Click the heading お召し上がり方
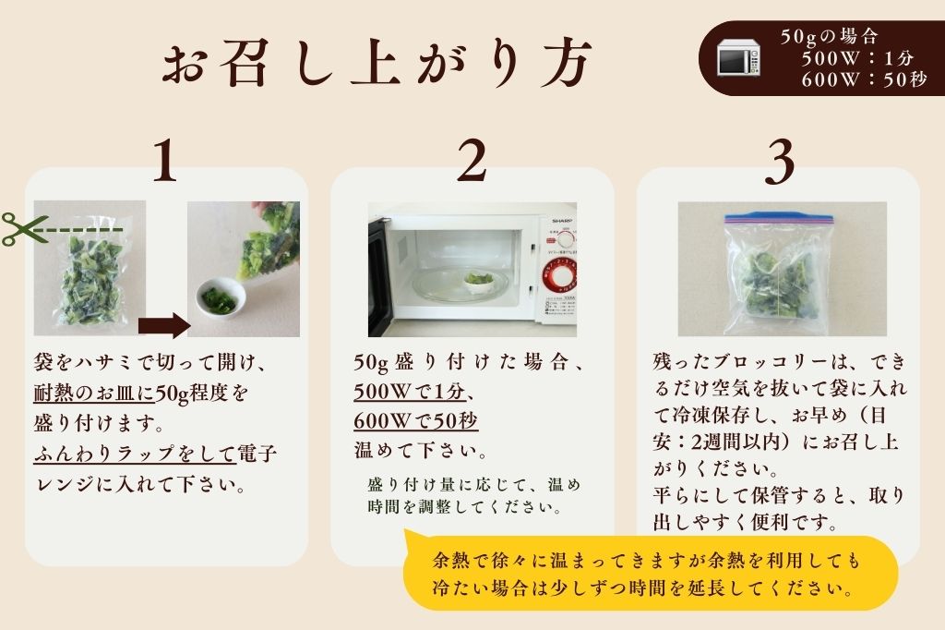(x=373, y=65)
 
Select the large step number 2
(x=472, y=163)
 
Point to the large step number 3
(x=780, y=163)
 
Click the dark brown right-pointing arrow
(x=162, y=325)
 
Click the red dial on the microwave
(x=559, y=274)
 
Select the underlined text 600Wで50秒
(x=415, y=421)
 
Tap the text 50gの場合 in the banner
(x=828, y=37)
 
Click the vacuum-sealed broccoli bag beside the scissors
(x=90, y=273)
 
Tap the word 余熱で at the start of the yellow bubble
(x=456, y=562)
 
